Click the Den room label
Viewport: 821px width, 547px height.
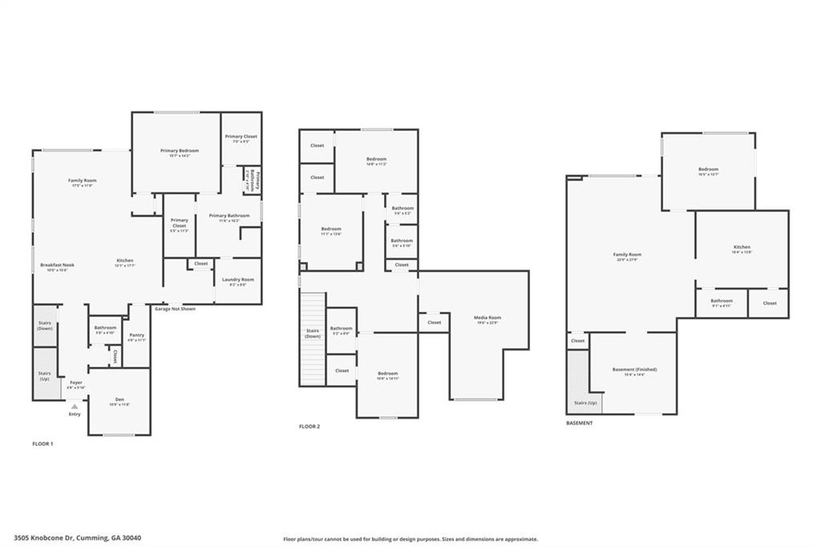point(119,399)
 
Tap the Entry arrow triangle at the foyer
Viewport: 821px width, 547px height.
point(75,407)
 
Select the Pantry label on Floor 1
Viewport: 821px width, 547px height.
point(137,334)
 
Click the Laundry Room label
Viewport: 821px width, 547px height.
point(237,279)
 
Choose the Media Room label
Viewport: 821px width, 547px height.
point(487,318)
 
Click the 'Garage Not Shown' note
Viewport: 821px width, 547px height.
point(175,309)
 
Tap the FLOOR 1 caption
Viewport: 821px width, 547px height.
point(42,444)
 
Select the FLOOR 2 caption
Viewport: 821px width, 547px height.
point(309,427)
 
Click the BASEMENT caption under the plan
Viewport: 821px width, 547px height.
point(579,423)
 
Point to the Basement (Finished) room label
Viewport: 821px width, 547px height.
point(634,369)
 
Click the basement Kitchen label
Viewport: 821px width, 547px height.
point(742,247)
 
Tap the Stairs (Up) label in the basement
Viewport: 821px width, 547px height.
point(584,403)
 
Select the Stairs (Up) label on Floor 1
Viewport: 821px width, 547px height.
point(45,375)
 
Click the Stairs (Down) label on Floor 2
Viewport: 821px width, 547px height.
point(313,333)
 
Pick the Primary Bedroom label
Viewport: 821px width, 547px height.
point(180,151)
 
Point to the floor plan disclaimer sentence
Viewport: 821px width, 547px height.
point(410,539)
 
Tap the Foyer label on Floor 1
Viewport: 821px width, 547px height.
point(76,383)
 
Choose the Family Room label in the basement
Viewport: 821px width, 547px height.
point(628,254)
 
